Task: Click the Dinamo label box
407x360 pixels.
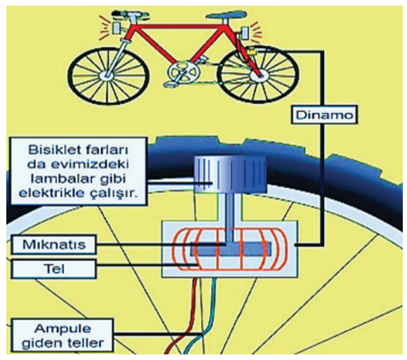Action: (324, 114)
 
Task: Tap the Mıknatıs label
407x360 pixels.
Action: (54, 244)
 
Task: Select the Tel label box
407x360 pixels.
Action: (54, 269)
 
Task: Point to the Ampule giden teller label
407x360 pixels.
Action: (62, 335)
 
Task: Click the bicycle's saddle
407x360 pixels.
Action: (227, 15)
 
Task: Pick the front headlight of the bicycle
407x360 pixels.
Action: (116, 28)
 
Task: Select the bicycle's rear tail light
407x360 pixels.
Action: (244, 33)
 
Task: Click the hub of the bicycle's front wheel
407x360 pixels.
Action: (106, 76)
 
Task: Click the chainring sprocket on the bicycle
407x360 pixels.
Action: (184, 72)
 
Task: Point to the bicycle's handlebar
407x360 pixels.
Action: (131, 14)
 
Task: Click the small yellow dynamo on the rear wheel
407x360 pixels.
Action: (252, 51)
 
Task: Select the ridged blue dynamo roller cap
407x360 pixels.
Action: (230, 174)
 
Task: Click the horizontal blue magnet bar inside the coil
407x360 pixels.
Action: (231, 249)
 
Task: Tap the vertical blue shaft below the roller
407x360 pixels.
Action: (229, 218)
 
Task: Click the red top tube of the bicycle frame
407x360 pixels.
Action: (179, 26)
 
